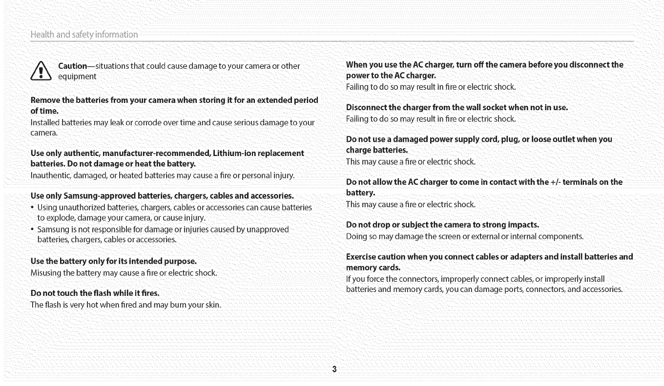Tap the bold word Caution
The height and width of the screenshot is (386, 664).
click(72, 66)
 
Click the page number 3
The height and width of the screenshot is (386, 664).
click(334, 368)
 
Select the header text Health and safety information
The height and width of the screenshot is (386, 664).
click(84, 34)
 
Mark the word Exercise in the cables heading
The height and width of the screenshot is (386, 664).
click(362, 256)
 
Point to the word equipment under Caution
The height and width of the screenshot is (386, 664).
click(77, 77)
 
